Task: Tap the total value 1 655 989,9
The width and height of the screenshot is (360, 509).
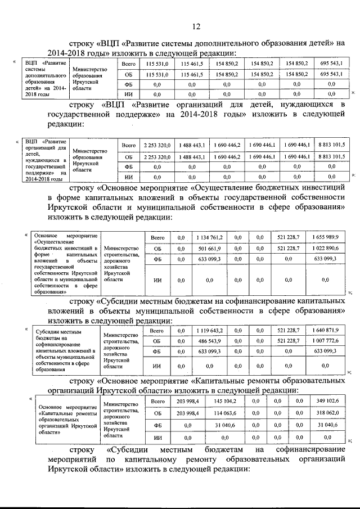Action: (325, 238)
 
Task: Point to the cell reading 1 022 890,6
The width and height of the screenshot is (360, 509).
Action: (325, 248)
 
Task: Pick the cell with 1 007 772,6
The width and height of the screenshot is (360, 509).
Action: (325, 341)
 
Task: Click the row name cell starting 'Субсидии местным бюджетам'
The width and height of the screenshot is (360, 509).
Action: (65, 349)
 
